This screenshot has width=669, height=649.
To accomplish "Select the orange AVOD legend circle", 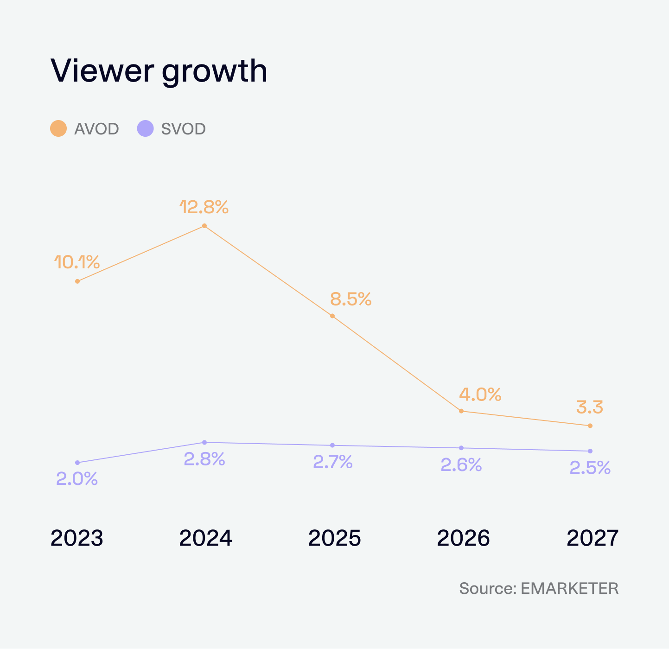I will tap(58, 128).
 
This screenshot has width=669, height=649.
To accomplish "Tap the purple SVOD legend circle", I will tap(145, 128).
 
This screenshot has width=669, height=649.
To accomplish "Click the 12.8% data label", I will tap(204, 207).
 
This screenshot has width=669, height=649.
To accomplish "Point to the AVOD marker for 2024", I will tap(204, 226).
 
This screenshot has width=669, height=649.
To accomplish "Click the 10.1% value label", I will tap(77, 262).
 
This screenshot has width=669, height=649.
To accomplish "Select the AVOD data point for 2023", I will tap(77, 281).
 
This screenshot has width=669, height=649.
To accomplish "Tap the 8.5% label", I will tap(350, 299).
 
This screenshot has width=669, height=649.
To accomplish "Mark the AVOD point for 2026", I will tap(461, 411).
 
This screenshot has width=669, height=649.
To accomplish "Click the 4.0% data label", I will tap(480, 394).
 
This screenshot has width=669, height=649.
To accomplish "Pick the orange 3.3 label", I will tap(590, 408).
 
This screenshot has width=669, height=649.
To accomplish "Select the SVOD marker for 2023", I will tap(77, 462).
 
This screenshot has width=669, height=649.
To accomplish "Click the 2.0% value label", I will tap(77, 479).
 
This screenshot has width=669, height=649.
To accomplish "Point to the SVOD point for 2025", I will tap(332, 445).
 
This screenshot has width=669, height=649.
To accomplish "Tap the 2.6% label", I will tap(461, 465).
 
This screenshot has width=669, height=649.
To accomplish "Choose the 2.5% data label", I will tap(590, 468).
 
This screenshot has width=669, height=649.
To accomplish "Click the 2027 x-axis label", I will tap(593, 538).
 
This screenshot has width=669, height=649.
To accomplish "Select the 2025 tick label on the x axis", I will tap(334, 538).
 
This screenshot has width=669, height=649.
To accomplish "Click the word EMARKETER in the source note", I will tap(569, 588).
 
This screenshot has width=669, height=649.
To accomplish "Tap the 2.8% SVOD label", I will tap(204, 459).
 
